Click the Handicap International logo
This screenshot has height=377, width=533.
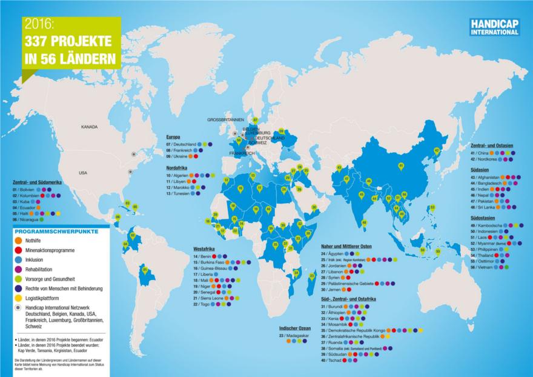pos(489,27)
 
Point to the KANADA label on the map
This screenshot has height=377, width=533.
pos(90,128)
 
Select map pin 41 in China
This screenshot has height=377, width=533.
pos(400,165)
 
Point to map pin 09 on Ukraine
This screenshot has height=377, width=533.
pos(282,130)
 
